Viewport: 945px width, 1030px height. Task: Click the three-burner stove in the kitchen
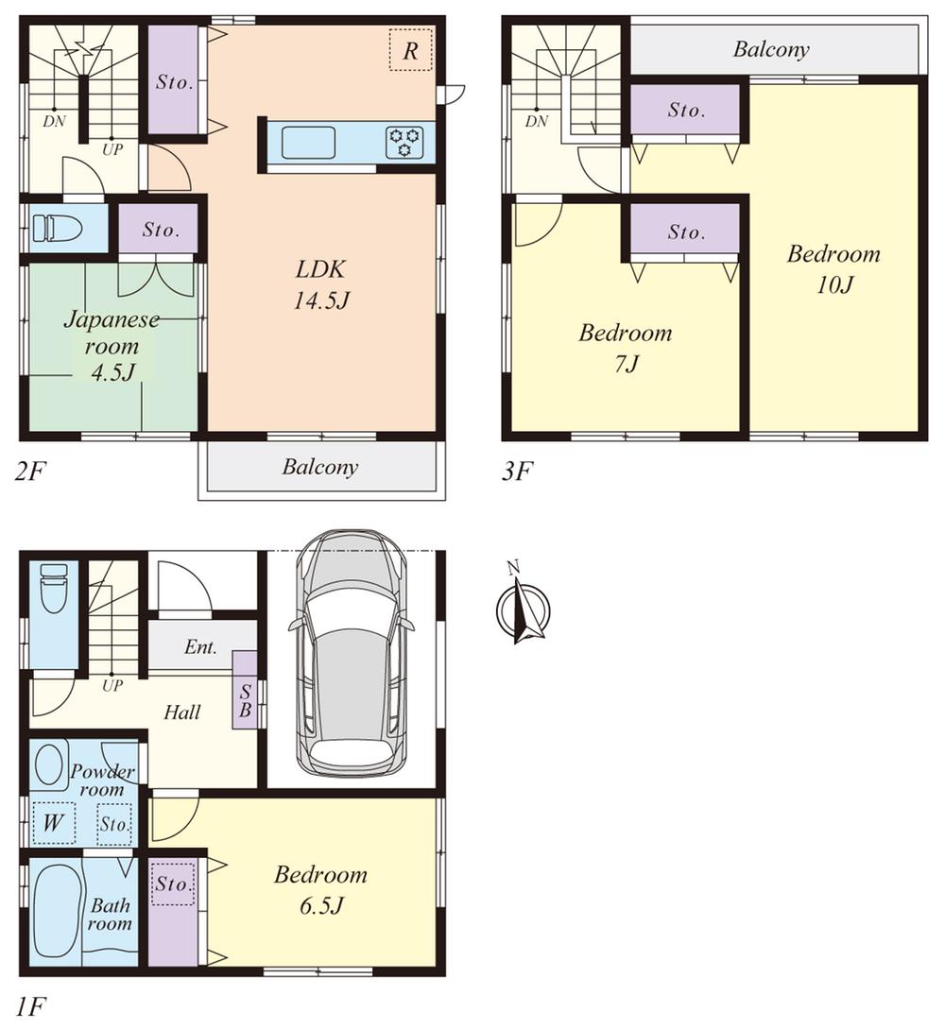(405, 142)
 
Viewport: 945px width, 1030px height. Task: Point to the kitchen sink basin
(308, 143)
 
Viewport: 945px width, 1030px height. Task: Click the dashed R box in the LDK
(410, 50)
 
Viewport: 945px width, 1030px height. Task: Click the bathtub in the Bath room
(55, 912)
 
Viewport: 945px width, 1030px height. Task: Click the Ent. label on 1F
(200, 648)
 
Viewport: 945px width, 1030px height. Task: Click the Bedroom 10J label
(833, 269)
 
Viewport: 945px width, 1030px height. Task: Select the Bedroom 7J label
(625, 347)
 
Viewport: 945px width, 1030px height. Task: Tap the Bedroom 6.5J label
(320, 889)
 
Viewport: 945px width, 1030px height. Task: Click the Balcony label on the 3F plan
(771, 50)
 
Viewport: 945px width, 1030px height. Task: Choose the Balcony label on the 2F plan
(320, 467)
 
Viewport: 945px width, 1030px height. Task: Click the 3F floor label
(517, 470)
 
